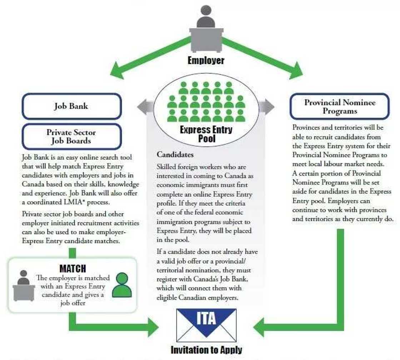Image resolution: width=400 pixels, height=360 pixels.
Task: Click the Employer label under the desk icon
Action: click(206, 60)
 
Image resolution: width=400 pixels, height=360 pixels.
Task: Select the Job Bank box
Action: click(71, 106)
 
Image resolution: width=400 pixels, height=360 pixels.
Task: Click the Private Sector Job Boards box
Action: click(71, 136)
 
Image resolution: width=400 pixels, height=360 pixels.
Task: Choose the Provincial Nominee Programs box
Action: click(340, 106)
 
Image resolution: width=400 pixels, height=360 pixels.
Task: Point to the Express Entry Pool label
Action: click(206, 134)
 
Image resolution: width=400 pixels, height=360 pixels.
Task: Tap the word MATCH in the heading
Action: click(72, 268)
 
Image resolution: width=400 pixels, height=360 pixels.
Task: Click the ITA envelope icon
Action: click(206, 322)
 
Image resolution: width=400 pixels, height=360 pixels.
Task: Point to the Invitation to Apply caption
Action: click(206, 350)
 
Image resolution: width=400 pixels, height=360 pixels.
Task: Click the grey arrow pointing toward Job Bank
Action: click(144, 107)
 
